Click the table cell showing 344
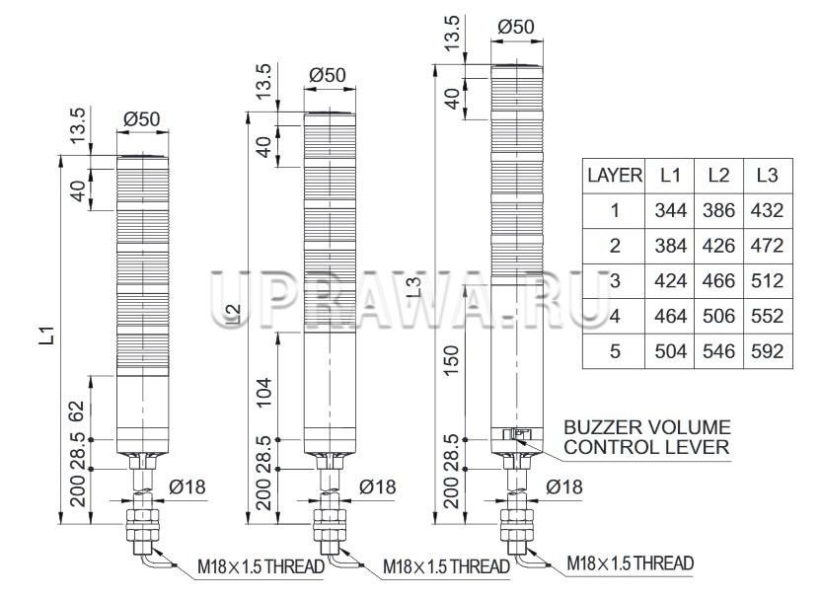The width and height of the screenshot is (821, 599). pyautogui.click(x=670, y=210)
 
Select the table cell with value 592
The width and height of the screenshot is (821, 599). pyautogui.click(x=768, y=350)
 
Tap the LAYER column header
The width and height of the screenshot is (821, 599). pyautogui.click(x=614, y=176)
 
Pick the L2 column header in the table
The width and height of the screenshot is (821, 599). pyautogui.click(x=719, y=176)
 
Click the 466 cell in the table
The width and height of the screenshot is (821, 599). pyautogui.click(x=719, y=281)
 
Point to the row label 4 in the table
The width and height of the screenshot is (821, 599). pyautogui.click(x=614, y=316)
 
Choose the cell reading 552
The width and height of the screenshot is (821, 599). pyautogui.click(x=768, y=316)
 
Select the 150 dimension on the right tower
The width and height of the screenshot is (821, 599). pyautogui.click(x=452, y=360)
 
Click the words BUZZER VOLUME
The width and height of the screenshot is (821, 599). pyautogui.click(x=647, y=427)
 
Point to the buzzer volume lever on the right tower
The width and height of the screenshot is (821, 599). pyautogui.click(x=517, y=434)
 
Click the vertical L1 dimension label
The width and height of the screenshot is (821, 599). pyautogui.click(x=47, y=336)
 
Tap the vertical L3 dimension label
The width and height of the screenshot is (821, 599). pyautogui.click(x=413, y=287)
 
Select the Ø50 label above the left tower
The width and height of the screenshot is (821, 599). pyautogui.click(x=142, y=119)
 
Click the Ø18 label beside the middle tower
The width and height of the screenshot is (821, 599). pyautogui.click(x=378, y=487)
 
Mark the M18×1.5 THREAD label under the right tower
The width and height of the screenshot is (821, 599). pyautogui.click(x=631, y=563)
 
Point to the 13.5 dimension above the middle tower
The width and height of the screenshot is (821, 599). pyautogui.click(x=264, y=82)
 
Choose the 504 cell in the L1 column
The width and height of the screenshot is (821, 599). pyautogui.click(x=670, y=350)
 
